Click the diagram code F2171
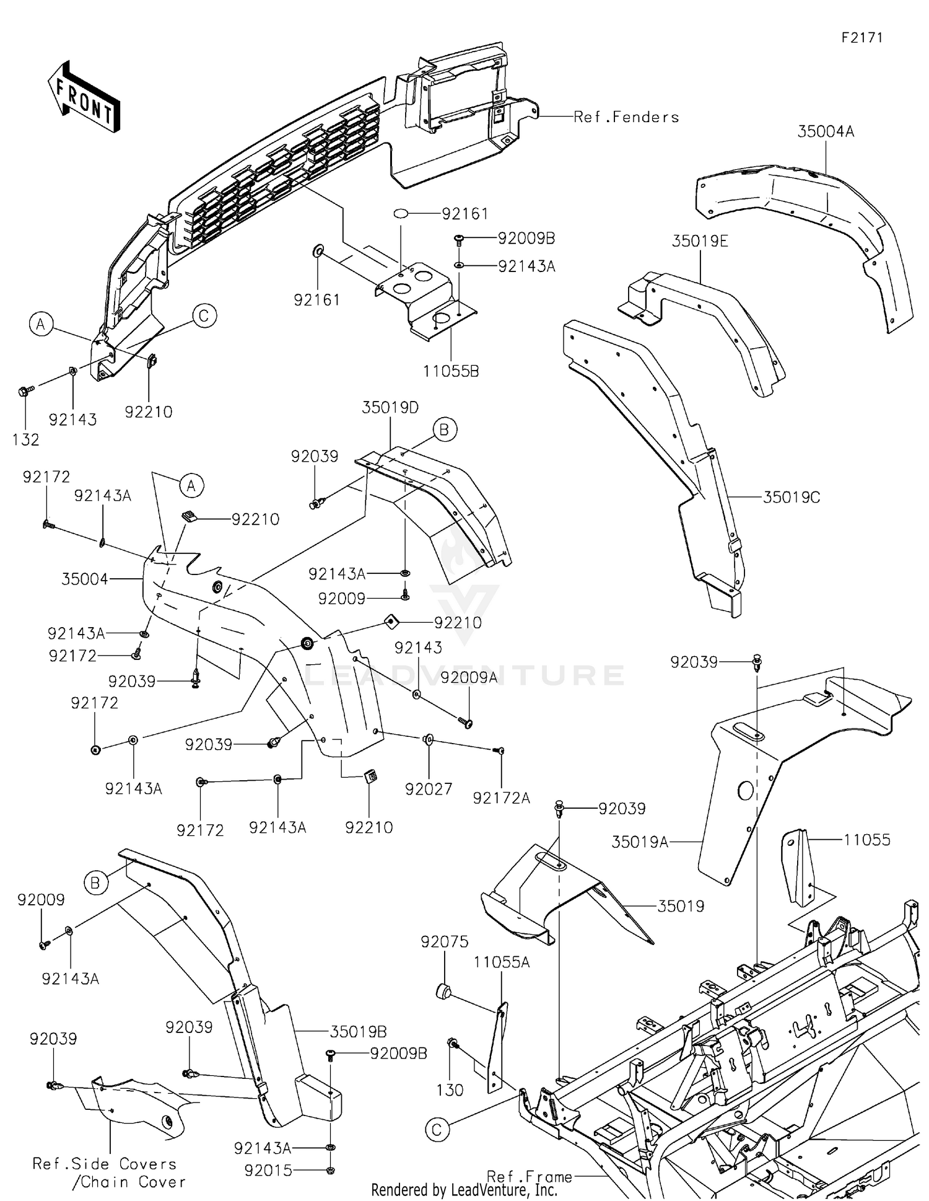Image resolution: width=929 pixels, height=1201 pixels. tap(862, 38)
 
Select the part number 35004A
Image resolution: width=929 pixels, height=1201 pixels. tap(826, 132)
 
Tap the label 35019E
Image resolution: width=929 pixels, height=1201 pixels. tap(700, 242)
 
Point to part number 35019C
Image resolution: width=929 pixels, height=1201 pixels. tap(791, 497)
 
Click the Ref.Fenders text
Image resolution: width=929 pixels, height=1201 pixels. tap(626, 117)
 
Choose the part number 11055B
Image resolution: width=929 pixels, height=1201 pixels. tap(451, 371)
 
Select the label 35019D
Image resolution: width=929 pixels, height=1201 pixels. tap(390, 408)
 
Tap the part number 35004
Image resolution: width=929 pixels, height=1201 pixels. tap(85, 579)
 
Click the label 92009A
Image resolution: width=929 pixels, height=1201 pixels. tap(469, 677)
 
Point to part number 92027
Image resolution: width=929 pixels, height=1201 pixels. tap(429, 789)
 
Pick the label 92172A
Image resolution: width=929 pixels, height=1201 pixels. tap(501, 798)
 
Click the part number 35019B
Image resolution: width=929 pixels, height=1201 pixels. tap(358, 1032)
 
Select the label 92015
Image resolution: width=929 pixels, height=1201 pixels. tap(268, 1171)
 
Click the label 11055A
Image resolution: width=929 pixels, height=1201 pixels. tap(502, 962)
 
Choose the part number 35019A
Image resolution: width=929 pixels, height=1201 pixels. tap(640, 842)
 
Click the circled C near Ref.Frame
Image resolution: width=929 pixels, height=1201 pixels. tap(437, 1130)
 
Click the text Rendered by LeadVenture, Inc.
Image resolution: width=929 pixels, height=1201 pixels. tap(464, 1189)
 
